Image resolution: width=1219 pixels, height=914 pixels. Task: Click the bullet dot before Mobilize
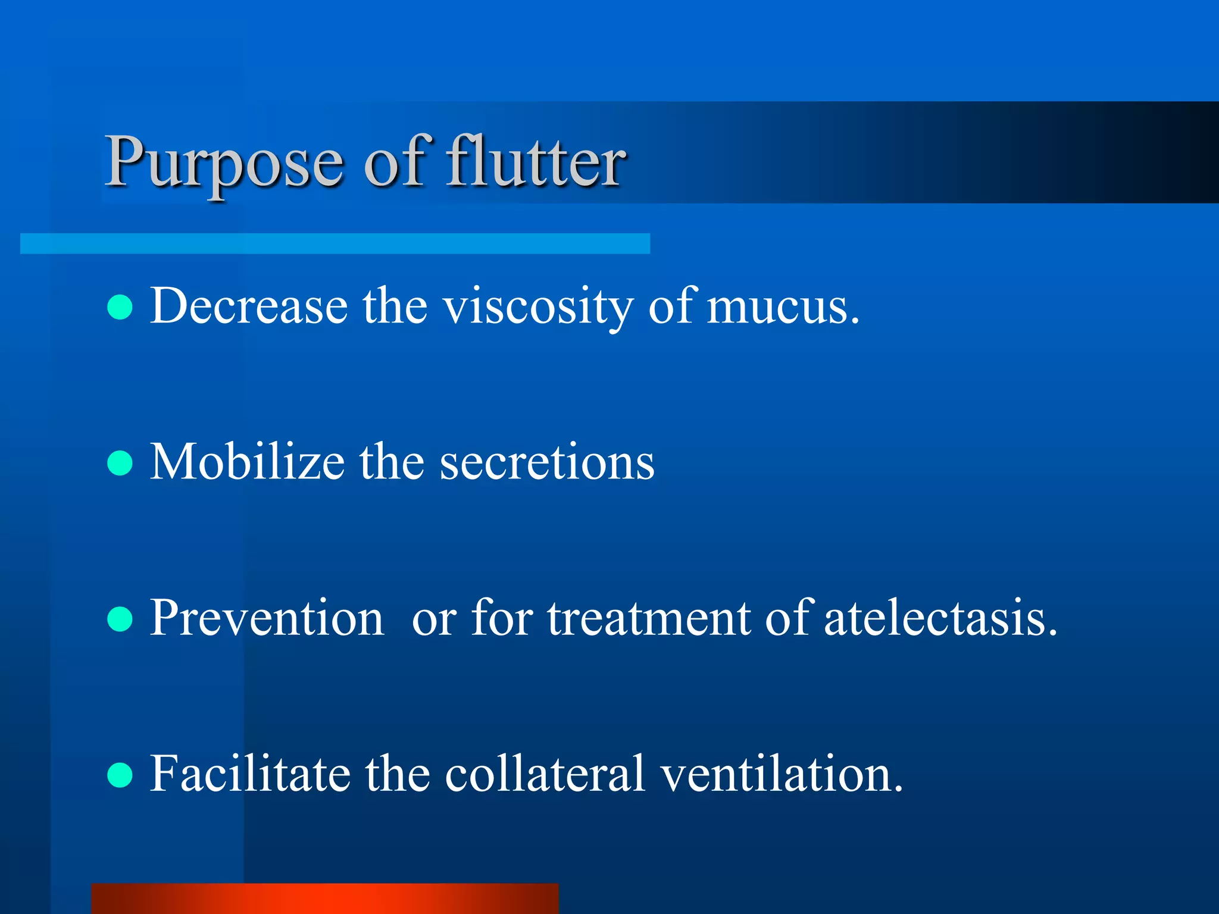pos(120,463)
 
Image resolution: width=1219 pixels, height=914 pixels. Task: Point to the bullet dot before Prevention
pos(120,619)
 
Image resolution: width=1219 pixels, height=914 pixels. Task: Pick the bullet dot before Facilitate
pos(120,775)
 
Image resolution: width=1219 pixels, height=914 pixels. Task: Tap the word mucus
pos(779,307)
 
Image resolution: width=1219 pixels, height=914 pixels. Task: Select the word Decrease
pos(249,306)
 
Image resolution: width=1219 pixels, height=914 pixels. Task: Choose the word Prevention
pos(267,618)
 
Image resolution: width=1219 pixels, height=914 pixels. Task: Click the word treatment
pos(649,618)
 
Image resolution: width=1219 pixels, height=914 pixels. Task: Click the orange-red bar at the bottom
pos(325,899)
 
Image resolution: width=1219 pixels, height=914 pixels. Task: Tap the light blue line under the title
pos(335,243)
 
